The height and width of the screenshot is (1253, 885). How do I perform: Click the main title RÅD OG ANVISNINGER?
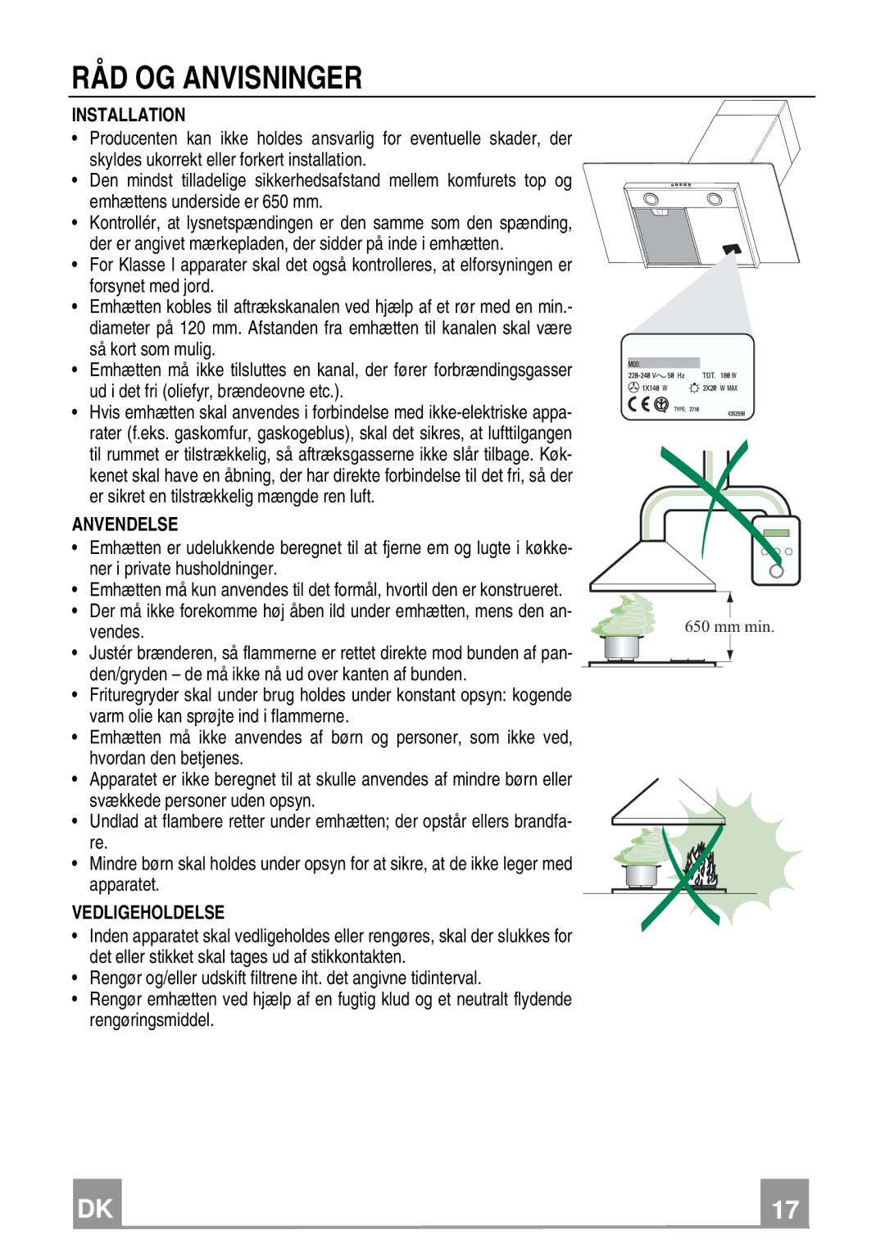coord(216,78)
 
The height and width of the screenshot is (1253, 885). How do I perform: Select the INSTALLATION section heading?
coord(129,115)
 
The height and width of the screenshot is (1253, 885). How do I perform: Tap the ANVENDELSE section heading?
coord(125,524)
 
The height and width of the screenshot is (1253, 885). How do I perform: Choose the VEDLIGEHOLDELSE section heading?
coord(147,913)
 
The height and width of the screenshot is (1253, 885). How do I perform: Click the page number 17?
coord(784,1209)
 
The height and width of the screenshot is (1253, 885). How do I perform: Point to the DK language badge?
coord(97,1208)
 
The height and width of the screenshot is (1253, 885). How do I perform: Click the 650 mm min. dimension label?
coord(729,627)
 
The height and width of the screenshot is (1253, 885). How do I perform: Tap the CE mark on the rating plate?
coord(639,404)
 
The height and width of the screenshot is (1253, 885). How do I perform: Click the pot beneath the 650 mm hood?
coord(622,646)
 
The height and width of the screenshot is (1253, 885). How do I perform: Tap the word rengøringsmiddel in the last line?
coord(152,1020)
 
